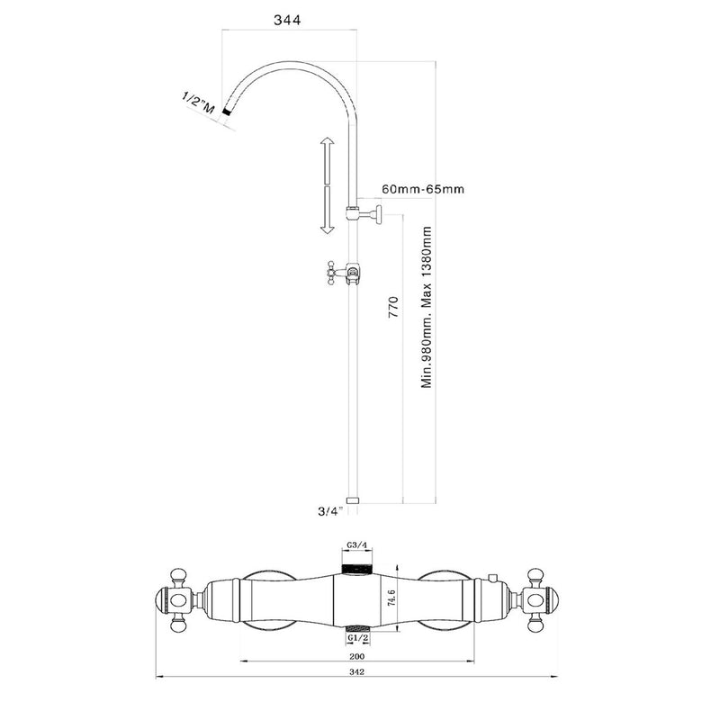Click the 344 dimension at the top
coord(287,20)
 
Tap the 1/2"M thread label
coord(198,103)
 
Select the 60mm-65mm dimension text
coord(423,189)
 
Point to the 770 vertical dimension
coord(393,308)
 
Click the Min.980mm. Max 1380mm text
coord(427,307)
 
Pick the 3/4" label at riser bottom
coord(330,511)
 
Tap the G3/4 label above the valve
coord(356,545)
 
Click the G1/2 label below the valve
coord(358,638)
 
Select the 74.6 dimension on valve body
coord(391,598)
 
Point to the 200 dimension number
coord(356,656)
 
